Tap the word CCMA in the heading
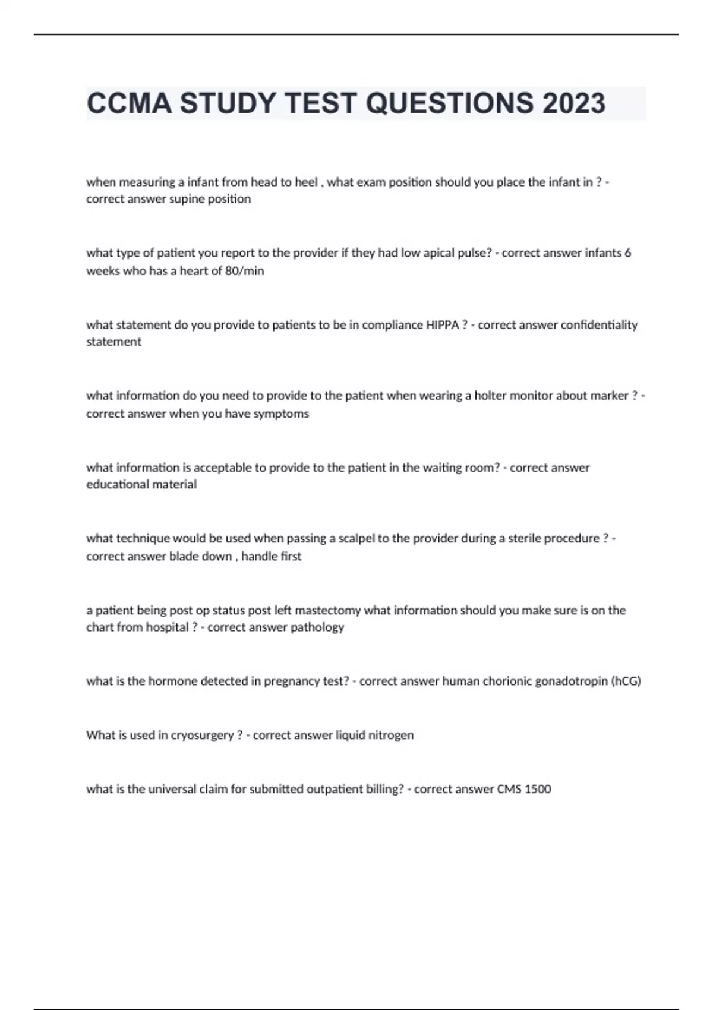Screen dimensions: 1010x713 tap(128, 103)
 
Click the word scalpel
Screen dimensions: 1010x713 tap(356, 538)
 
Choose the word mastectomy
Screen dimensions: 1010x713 tap(328, 610)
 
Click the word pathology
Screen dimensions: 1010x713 tap(317, 627)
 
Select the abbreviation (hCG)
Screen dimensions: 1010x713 tap(626, 681)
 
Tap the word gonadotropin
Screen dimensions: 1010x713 tap(571, 681)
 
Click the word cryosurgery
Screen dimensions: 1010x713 tap(202, 736)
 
